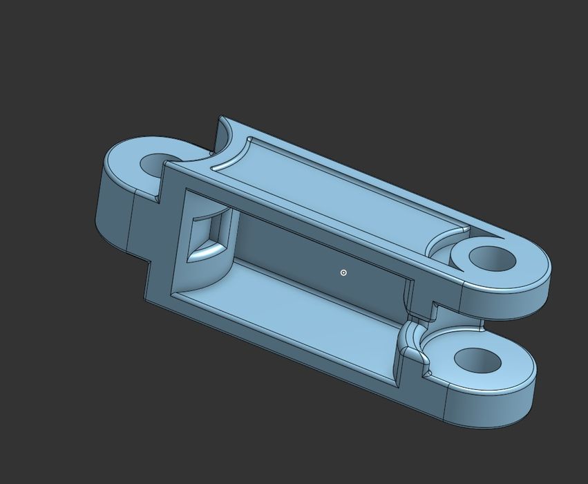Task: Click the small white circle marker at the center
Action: click(343, 272)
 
